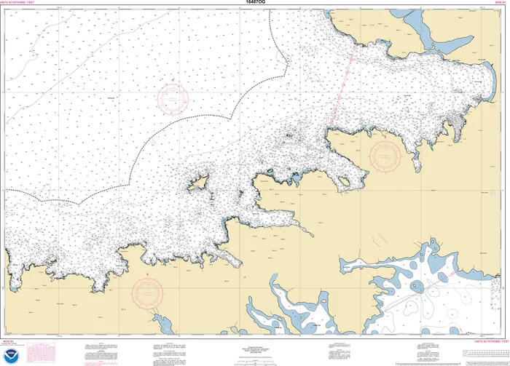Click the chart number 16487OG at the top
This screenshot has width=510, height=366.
pyautogui.click(x=255, y=3)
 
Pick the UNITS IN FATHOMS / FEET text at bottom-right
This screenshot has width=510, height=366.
pyautogui.click(x=489, y=340)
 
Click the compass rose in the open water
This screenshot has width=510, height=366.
pyautogui.click(x=173, y=97)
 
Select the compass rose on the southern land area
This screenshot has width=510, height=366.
pyautogui.click(x=146, y=292)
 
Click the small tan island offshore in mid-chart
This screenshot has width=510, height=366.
pyautogui.click(x=197, y=185)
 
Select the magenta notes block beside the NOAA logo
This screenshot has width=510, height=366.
pyautogui.click(x=36, y=354)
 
